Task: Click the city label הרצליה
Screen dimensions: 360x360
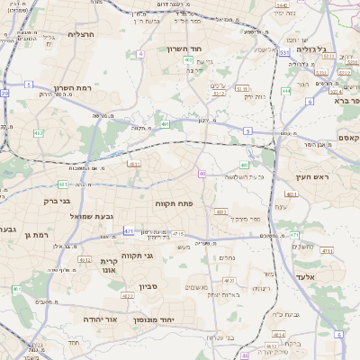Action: click(x=81, y=33)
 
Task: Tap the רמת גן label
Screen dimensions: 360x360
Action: click(x=45, y=235)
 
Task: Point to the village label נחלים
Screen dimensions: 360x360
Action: click(x=227, y=257)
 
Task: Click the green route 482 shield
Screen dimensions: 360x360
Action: click(x=39, y=133)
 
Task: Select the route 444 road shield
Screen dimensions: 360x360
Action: click(x=285, y=91)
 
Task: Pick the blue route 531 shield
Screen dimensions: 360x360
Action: click(x=283, y=53)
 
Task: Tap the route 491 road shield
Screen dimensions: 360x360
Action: click(x=165, y=124)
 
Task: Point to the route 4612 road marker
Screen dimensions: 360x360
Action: click(x=84, y=260)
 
